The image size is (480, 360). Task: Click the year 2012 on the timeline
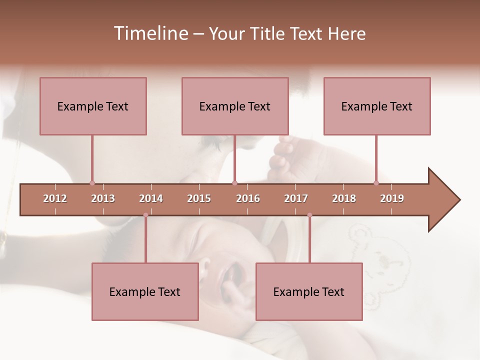(x=55, y=198)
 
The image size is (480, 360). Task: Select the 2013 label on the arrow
(x=103, y=198)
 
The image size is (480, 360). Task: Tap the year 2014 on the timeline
(x=151, y=198)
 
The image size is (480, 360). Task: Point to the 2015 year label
(x=199, y=198)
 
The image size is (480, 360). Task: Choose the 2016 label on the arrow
(x=248, y=198)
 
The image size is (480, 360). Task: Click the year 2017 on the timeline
(x=296, y=198)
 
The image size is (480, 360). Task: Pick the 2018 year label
(x=344, y=198)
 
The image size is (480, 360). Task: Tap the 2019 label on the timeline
(x=392, y=198)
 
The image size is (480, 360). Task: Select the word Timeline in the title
(x=149, y=33)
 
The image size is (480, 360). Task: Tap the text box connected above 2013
(x=93, y=106)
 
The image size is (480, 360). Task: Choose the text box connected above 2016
(x=235, y=106)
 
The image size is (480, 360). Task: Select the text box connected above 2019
(x=377, y=106)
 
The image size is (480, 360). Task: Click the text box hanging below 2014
(x=145, y=291)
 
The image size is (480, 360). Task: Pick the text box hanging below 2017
(x=309, y=291)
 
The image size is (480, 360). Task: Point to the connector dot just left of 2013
(x=92, y=183)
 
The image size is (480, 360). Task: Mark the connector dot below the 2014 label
(x=145, y=215)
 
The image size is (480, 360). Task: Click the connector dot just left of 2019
(x=376, y=183)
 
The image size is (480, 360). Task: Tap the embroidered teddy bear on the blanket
(x=385, y=260)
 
